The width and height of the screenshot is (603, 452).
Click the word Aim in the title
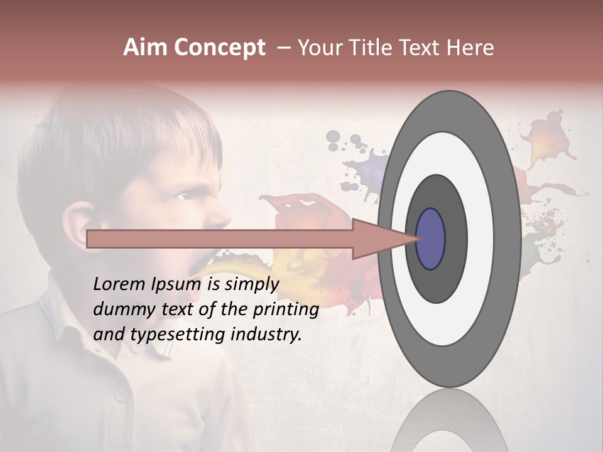[146, 48]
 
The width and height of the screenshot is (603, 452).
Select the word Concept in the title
[219, 48]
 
